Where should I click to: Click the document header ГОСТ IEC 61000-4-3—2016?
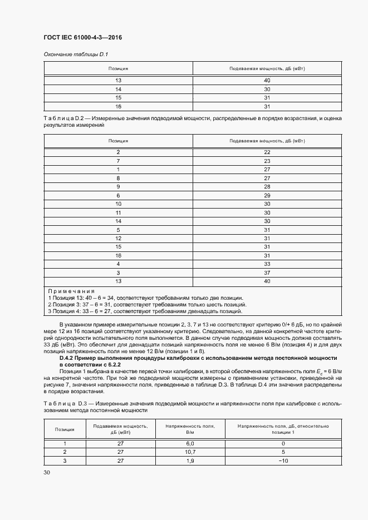coord(82,38)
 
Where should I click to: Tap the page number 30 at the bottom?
coord(47,472)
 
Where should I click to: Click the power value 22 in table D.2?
coord(267,152)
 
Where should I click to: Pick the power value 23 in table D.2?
coord(267,161)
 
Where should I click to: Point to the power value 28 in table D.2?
coord(267,186)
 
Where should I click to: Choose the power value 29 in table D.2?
coord(267,195)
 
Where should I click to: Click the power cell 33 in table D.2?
coord(267,264)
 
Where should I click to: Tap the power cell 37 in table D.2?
coord(267,273)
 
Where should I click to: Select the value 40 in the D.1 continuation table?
coord(267,81)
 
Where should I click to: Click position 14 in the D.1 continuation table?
coord(118,89)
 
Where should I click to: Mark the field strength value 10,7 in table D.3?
coord(189,452)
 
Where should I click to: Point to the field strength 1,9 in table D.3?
coord(189,461)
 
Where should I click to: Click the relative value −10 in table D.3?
coord(283,461)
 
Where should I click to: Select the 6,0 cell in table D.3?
coord(189,443)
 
